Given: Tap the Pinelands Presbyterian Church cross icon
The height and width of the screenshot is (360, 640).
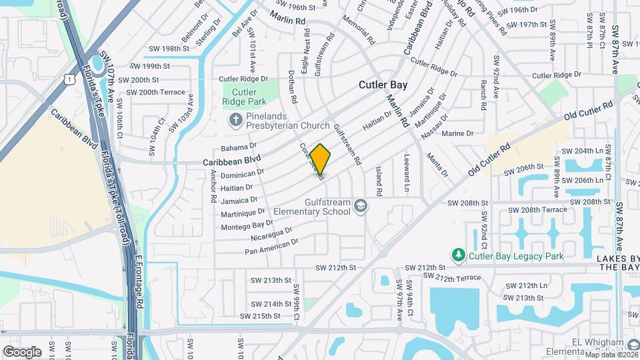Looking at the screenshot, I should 234,121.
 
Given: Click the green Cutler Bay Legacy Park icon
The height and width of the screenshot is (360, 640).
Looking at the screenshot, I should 458,255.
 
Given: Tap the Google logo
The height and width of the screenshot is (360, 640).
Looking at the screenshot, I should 22,351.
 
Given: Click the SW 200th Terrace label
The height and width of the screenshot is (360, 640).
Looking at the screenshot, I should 153,92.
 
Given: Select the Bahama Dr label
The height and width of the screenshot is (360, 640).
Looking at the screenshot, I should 239,146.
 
